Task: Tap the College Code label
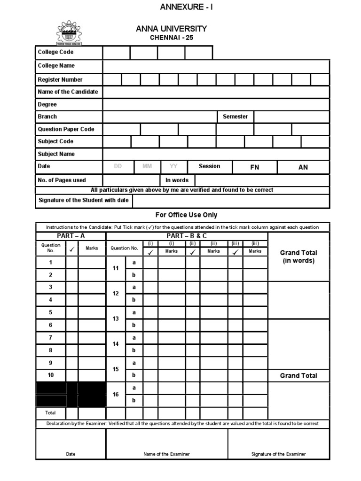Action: tap(55, 52)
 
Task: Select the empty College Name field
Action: tap(216, 66)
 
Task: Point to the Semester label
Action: tap(235, 116)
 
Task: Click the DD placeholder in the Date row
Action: tap(118, 166)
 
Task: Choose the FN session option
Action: tap(254, 167)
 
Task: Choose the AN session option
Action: tap(303, 167)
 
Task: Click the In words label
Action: tap(177, 180)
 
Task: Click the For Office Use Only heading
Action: tap(186, 215)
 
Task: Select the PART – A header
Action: tap(71, 236)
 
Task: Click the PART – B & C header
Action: tap(187, 236)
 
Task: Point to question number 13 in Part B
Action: tap(116, 318)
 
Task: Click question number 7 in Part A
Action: tap(51, 338)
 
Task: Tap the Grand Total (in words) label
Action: tap(298, 256)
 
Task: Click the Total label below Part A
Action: tap(50, 413)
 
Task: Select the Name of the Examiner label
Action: tap(167, 454)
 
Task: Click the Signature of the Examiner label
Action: tap(278, 454)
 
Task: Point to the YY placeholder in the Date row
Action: tap(173, 166)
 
